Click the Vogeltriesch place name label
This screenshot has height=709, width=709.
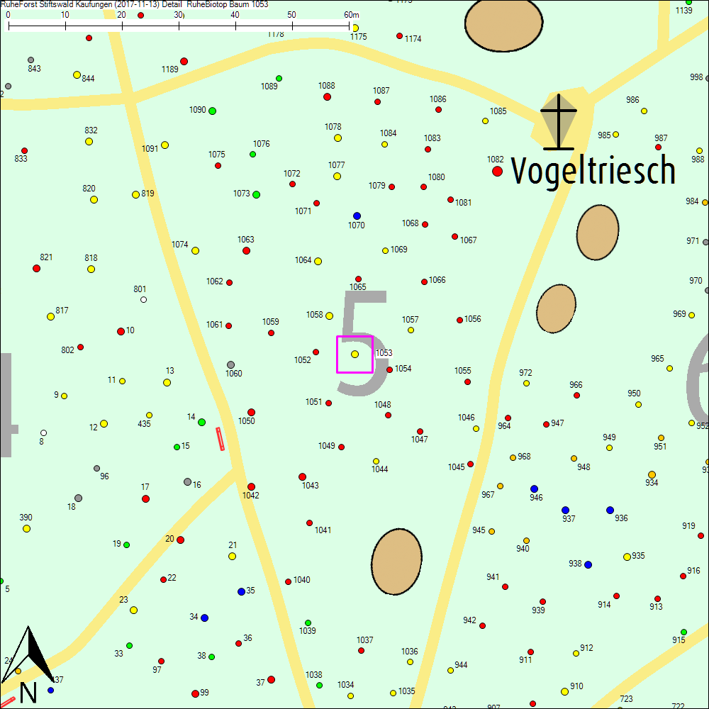(x=593, y=170)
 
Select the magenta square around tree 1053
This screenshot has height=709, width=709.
(x=354, y=354)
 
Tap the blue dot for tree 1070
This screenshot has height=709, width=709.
(x=357, y=216)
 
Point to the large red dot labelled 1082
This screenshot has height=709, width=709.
(x=497, y=171)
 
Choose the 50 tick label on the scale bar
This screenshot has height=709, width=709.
(x=291, y=14)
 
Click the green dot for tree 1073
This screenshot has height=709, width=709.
(x=256, y=194)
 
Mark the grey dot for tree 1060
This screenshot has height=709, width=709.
(x=230, y=365)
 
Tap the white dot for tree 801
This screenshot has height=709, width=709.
(x=143, y=299)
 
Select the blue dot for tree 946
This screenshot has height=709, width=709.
(x=534, y=489)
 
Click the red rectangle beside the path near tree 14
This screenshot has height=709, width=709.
(x=220, y=439)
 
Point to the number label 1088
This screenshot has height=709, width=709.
(x=326, y=86)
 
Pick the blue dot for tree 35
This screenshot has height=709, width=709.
(x=241, y=591)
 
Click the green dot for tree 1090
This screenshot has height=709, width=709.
(x=212, y=111)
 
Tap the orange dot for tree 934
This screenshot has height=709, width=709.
(x=652, y=474)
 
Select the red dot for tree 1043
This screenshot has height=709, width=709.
(x=302, y=476)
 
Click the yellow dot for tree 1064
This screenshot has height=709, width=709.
(x=318, y=261)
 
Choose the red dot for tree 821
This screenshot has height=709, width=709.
(x=36, y=268)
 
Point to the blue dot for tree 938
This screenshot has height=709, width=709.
(x=588, y=564)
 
